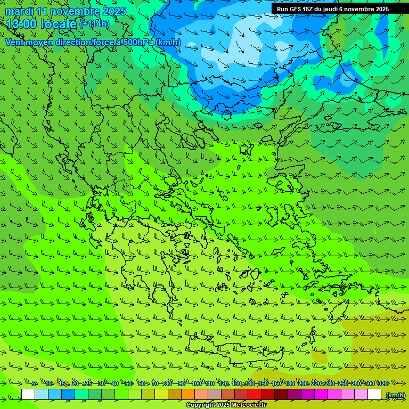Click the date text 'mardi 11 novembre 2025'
tap(66, 11)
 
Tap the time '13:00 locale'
tap(41, 24)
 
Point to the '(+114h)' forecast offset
tap(94, 23)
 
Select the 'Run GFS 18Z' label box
tap(332, 9)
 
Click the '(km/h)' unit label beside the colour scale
tap(395, 395)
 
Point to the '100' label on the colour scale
tap(197, 383)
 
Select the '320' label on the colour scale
tap(383, 383)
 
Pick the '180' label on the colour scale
tap(290, 383)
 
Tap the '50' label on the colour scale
tap(128, 383)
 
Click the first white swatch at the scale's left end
tap(28, 395)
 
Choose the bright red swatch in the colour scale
tap(255, 395)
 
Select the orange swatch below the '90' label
tap(188, 395)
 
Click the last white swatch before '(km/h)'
tap(374, 395)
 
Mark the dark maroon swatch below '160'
tap(281, 395)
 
